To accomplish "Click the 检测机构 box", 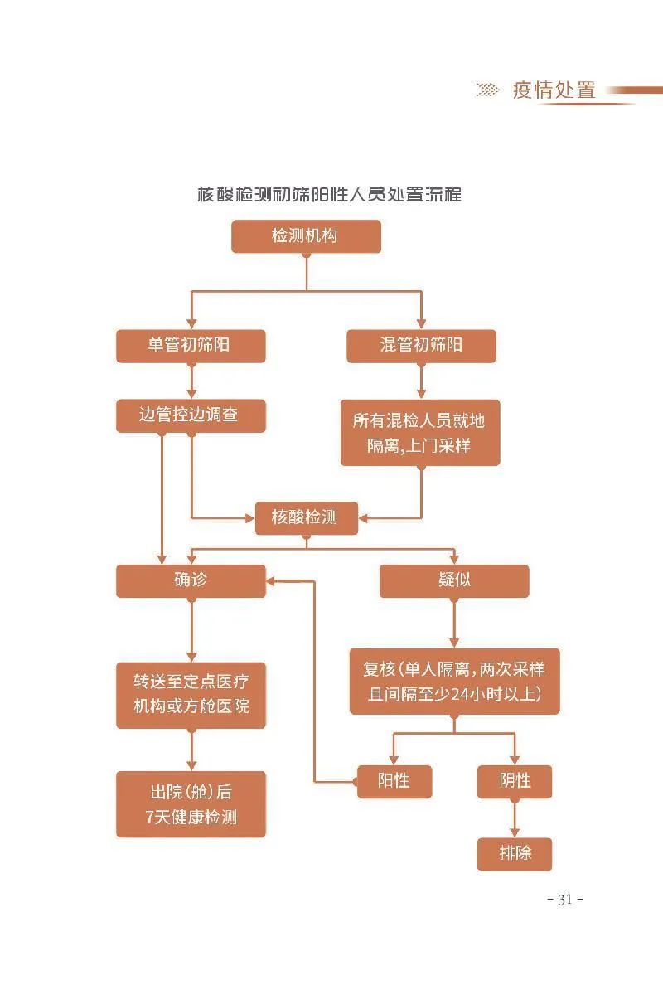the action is click(306, 236).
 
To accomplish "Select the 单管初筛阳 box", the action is click(191, 346).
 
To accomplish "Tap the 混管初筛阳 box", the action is click(421, 346).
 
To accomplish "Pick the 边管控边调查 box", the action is click(191, 415).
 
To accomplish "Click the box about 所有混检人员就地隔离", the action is click(420, 433).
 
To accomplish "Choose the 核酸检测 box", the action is click(307, 518).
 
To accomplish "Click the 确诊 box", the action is click(191, 581).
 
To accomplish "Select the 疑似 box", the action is click(454, 581).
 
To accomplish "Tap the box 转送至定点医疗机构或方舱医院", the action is click(191, 695).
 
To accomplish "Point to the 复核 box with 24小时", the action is click(455, 682).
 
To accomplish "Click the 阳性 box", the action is click(394, 782).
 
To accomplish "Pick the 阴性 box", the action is click(515, 782).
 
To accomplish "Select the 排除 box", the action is click(515, 854).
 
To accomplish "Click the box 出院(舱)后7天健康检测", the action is click(191, 804).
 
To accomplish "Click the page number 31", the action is click(565, 900).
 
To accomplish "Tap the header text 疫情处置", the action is click(554, 90).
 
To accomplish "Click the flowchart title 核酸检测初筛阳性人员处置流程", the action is click(330, 195).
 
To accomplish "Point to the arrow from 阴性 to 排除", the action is click(515, 818).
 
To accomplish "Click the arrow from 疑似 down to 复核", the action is click(454, 624).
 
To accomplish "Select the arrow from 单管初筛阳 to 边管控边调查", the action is click(191, 381).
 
